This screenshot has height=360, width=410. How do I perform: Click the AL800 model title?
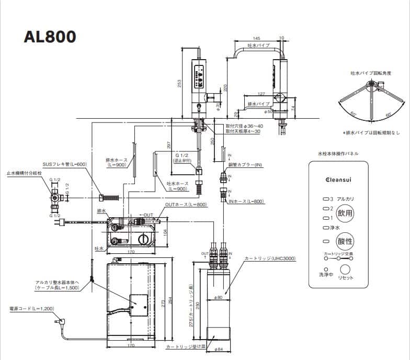50,37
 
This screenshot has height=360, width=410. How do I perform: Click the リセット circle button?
345,269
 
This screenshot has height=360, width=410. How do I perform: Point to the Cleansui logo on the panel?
339,179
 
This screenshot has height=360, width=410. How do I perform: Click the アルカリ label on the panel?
346,199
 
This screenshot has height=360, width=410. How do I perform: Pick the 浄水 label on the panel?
335,228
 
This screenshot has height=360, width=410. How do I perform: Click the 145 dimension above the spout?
256,39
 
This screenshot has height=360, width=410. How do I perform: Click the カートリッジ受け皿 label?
183,347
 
